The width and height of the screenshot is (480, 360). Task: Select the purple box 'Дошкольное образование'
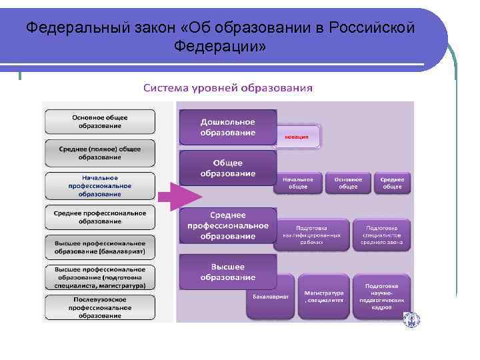tap(228, 127)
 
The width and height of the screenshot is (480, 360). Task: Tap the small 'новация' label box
tap(297, 137)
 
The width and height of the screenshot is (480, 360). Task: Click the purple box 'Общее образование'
tap(228, 168)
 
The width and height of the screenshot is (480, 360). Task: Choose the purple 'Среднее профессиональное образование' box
tap(228, 226)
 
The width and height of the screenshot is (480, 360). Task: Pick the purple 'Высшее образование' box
tap(228, 271)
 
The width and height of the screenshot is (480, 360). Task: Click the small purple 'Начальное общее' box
tap(297, 183)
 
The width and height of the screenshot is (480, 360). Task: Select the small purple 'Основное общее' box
tap(348, 183)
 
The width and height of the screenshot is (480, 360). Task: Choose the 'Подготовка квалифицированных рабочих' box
tap(311, 235)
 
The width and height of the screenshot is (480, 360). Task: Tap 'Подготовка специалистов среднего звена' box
tap(381, 235)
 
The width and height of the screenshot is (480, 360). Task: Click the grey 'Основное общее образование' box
tap(100, 122)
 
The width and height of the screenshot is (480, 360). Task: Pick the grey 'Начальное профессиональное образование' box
tap(100, 186)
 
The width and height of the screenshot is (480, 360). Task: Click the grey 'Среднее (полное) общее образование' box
tap(100, 153)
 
